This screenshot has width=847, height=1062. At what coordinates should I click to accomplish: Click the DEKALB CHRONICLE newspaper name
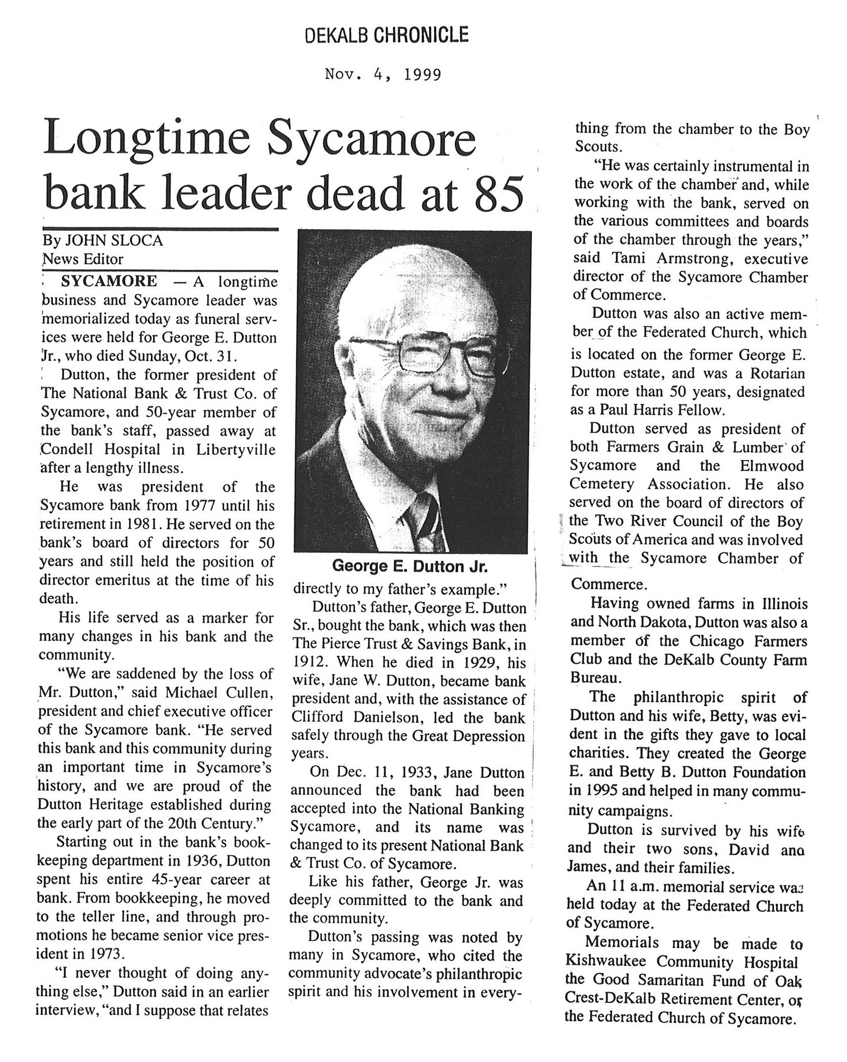pyautogui.click(x=387, y=36)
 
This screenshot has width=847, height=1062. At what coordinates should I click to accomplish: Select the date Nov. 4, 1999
pyautogui.click(x=383, y=74)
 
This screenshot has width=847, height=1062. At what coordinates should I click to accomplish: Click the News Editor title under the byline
pyautogui.click(x=83, y=259)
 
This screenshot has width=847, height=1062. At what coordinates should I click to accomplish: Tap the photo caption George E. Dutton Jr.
pyautogui.click(x=409, y=567)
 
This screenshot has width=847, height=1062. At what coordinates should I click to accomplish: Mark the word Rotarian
pyautogui.click(x=775, y=373)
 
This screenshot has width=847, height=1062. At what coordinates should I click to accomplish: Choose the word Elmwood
pyautogui.click(x=771, y=466)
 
